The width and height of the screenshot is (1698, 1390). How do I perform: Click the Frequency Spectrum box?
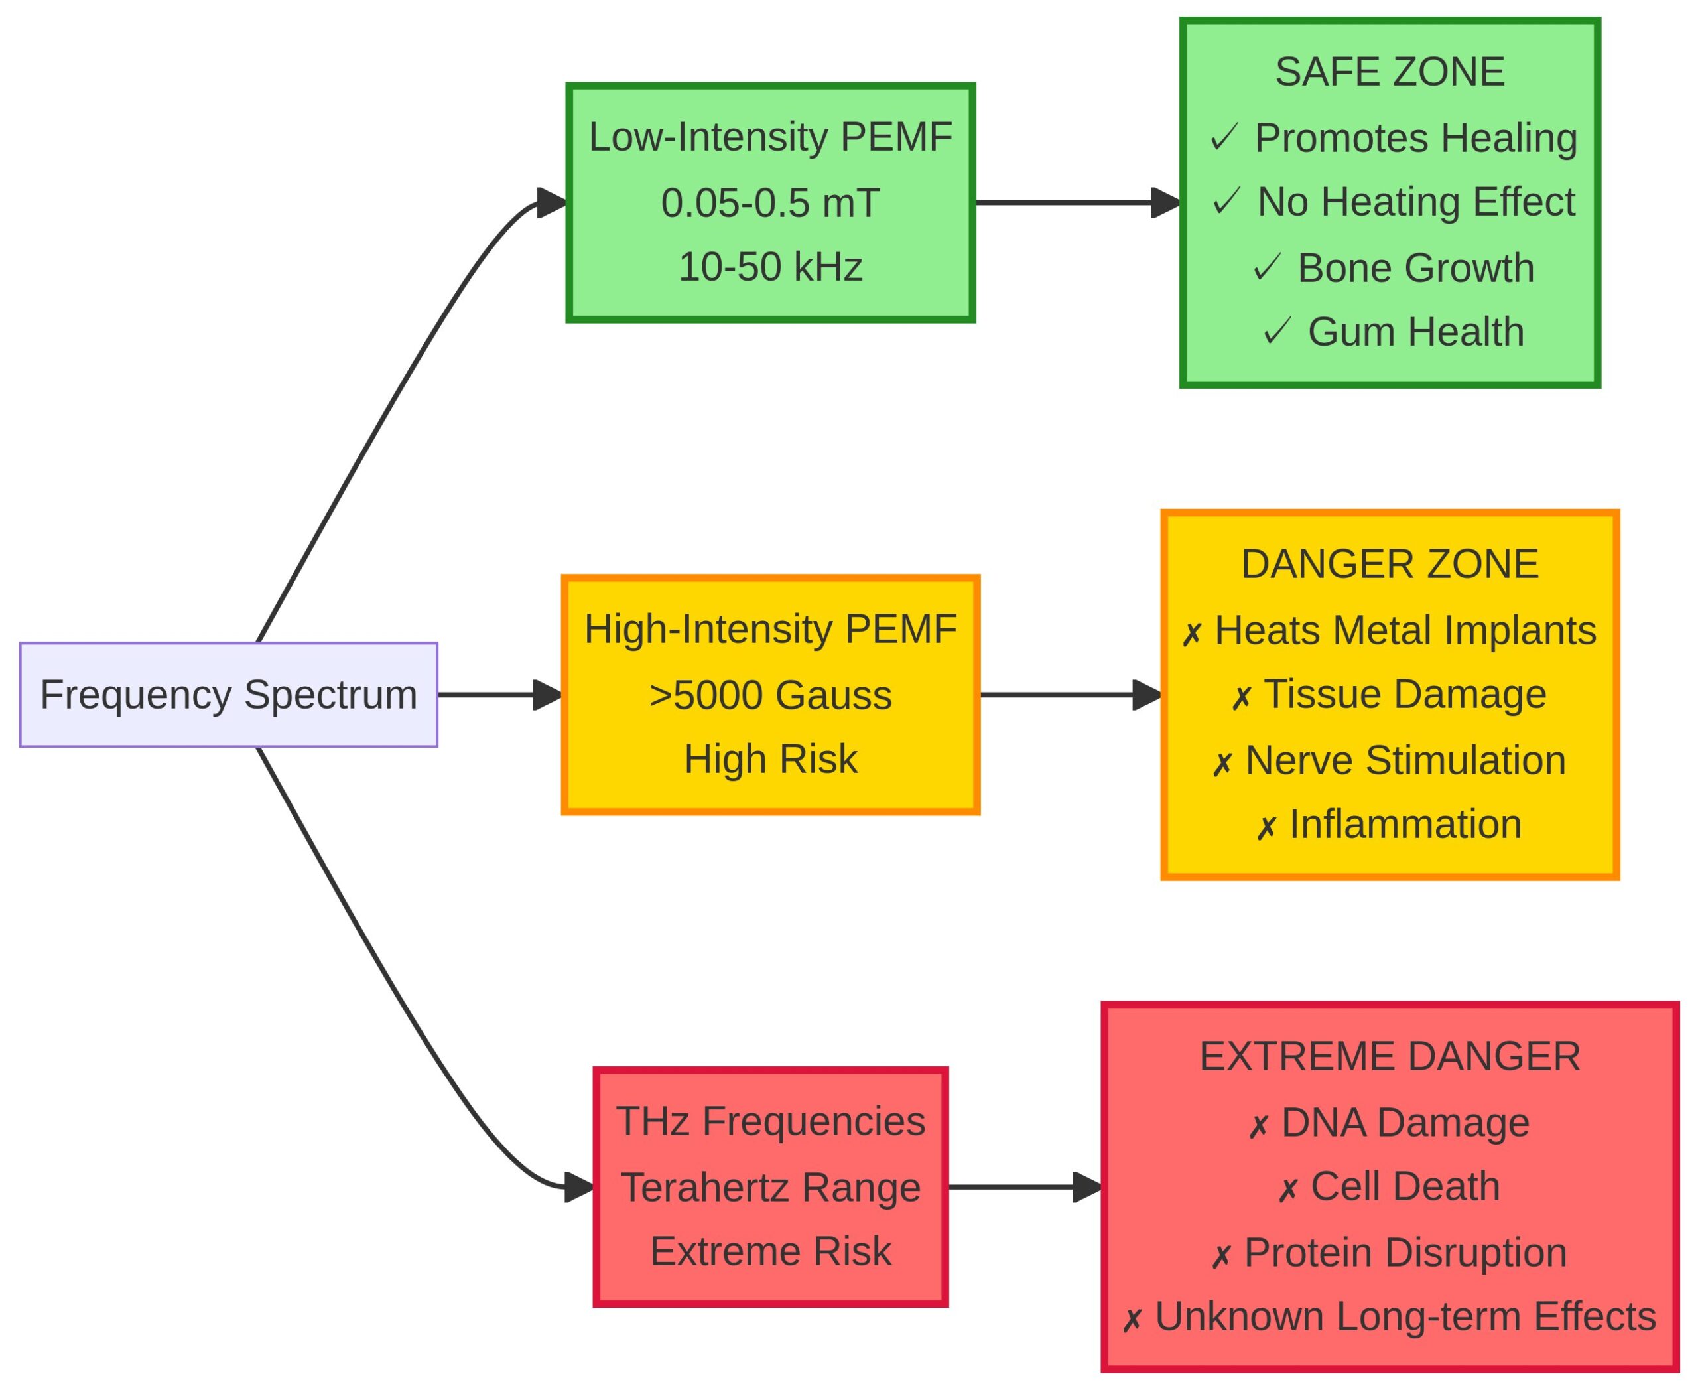tap(228, 694)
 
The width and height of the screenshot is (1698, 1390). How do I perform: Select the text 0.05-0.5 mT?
tap(770, 202)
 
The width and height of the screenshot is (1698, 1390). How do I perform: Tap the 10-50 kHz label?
tap(770, 267)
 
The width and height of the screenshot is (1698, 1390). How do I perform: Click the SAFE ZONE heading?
tap(1390, 72)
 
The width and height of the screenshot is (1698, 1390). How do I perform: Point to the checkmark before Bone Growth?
tap(1268, 267)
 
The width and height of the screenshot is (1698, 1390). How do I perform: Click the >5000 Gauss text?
tap(770, 694)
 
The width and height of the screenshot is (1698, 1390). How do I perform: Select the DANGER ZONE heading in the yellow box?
tap(1390, 564)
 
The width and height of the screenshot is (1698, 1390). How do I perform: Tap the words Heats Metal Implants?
tap(1405, 630)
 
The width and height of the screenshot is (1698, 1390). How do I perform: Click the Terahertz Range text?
tap(770, 1186)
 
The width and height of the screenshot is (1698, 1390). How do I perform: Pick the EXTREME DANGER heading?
tap(1390, 1056)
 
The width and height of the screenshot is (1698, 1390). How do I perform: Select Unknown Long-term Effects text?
tap(1405, 1316)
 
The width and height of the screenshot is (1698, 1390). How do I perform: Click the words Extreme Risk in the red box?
tap(770, 1251)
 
